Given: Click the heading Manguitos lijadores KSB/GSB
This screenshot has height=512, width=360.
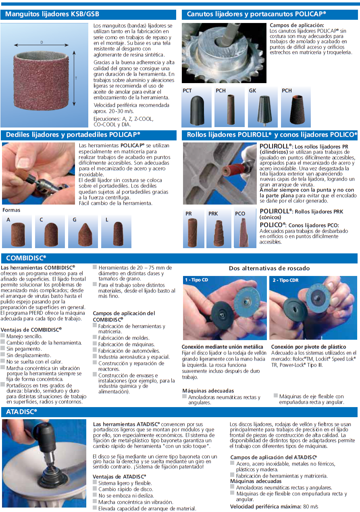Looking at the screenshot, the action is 52,14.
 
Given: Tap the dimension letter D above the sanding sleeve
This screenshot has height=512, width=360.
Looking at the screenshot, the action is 42,42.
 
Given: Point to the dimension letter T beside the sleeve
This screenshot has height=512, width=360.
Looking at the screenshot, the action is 76,78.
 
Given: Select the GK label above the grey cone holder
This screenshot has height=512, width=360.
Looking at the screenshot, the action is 252,90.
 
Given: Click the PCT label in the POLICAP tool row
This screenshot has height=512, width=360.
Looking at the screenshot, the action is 187,90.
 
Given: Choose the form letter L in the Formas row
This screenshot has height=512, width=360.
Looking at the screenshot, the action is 107,219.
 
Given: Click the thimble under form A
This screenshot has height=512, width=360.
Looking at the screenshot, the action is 18,235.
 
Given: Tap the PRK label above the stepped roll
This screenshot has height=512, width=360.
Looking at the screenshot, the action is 213,213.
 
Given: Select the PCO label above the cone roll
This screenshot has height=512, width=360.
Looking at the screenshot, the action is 240,213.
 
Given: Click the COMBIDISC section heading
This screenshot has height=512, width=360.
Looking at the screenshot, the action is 26,258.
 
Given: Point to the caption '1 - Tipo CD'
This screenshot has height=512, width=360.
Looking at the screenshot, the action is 196,280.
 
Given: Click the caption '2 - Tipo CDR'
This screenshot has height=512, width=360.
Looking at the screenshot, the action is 285,280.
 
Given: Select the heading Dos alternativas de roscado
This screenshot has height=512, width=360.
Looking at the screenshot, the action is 269,268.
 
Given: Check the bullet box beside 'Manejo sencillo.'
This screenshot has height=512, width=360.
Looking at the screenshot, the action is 3,335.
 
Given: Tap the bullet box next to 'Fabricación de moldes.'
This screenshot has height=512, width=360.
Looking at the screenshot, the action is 95,337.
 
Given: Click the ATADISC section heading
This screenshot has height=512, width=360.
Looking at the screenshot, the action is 21,412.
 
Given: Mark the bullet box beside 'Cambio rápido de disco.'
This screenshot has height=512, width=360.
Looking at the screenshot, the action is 95,488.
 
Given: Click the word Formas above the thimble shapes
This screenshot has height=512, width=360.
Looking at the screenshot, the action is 11,210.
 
